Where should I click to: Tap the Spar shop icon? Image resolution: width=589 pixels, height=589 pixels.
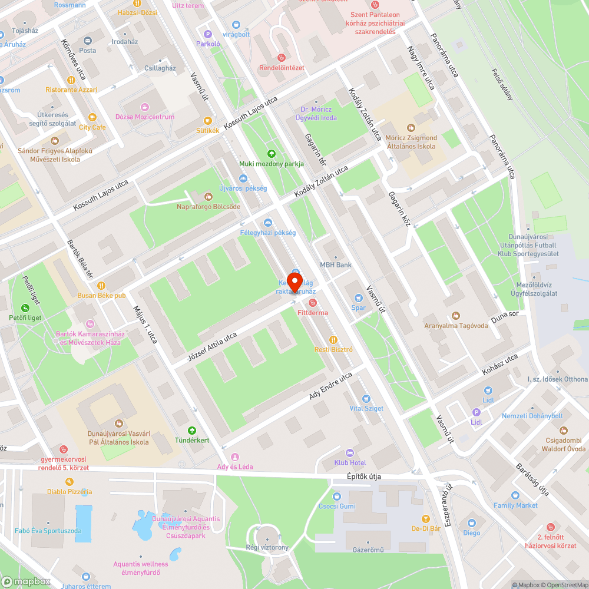[358, 298]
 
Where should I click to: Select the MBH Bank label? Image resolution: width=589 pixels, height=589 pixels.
[335, 265]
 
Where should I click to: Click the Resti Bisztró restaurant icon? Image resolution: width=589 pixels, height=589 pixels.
[333, 340]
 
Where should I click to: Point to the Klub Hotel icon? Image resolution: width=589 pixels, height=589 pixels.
[350, 453]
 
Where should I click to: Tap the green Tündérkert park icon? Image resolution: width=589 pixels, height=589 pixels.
[191, 431]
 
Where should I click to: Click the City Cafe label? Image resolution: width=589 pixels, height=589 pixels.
[92, 127]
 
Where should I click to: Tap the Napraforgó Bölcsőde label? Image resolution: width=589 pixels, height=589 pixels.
[209, 207]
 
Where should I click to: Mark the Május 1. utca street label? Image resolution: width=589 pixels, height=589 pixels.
[145, 324]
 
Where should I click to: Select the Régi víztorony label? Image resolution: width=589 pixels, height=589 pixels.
[267, 548]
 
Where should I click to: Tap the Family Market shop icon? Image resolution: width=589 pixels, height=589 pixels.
[515, 496]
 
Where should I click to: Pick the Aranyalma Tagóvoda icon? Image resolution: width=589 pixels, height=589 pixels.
[455, 316]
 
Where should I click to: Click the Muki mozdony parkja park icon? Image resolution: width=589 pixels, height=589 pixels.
[272, 154]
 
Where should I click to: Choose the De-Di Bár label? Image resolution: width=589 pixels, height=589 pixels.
[426, 529]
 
